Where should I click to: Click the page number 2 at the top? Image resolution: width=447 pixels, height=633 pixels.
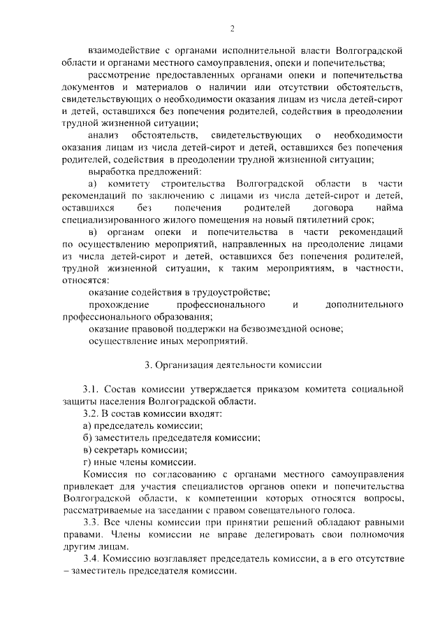[x=231, y=28]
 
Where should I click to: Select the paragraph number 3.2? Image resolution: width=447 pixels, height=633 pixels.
[x=93, y=413]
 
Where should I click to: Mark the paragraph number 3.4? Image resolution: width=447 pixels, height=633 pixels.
[x=93, y=558]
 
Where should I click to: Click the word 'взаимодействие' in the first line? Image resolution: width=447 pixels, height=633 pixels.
[x=126, y=51]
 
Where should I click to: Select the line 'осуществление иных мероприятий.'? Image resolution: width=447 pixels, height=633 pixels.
[x=168, y=341]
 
